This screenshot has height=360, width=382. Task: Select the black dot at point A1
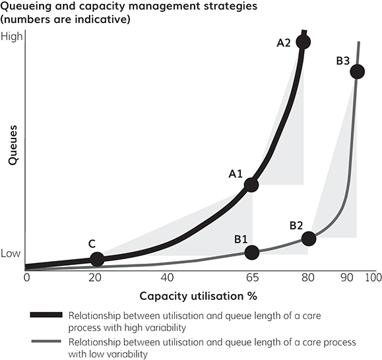(x=251, y=185)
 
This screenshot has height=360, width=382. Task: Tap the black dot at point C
(x=97, y=259)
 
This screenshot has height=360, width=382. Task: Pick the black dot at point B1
(x=251, y=252)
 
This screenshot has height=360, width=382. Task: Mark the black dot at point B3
(x=357, y=71)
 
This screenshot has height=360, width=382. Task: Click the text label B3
(x=342, y=61)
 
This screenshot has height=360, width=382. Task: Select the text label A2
(x=284, y=43)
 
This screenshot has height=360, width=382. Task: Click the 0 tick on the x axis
(x=26, y=278)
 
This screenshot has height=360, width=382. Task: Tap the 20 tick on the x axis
(x=97, y=278)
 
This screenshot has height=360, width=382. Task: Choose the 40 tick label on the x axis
(x=168, y=278)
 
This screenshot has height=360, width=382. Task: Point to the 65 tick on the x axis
(x=251, y=278)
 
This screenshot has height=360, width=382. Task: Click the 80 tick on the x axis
(x=307, y=278)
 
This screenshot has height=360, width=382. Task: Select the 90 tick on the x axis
(x=346, y=278)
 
